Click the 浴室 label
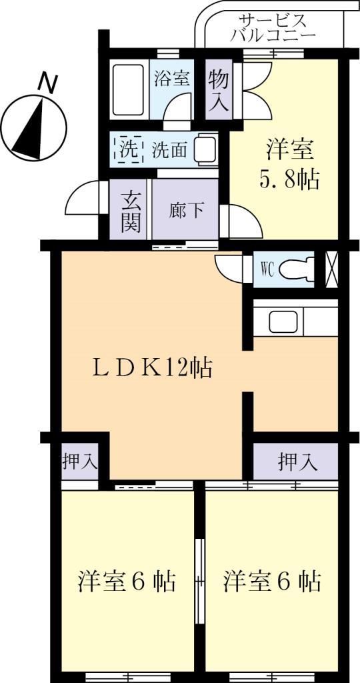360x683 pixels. pyautogui.click(x=171, y=79)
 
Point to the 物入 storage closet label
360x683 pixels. pyautogui.click(x=219, y=90)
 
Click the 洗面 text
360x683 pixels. pyautogui.click(x=169, y=149)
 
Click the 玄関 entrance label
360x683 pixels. pyautogui.click(x=131, y=211)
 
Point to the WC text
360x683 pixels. pyautogui.click(x=268, y=269)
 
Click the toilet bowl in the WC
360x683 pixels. pyautogui.click(x=295, y=269)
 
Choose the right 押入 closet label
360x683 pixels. pyautogui.click(x=297, y=460)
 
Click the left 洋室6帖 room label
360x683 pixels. pyautogui.click(x=127, y=582)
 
